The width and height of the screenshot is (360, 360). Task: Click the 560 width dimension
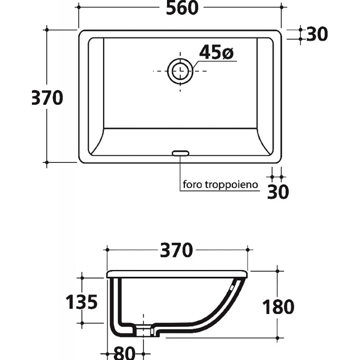(x=182, y=8)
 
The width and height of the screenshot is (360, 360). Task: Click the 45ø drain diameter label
(x=216, y=52)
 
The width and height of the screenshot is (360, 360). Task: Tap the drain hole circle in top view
(x=180, y=62)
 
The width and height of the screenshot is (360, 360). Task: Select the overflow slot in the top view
(x=181, y=153)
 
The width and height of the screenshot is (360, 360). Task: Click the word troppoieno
(x=231, y=185)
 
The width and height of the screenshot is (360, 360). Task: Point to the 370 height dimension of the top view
(x=47, y=98)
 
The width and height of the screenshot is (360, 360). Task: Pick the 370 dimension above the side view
(x=176, y=250)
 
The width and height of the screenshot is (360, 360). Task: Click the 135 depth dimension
(x=81, y=301)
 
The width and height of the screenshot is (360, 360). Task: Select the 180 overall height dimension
(x=278, y=307)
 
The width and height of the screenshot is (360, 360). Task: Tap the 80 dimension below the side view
(x=124, y=353)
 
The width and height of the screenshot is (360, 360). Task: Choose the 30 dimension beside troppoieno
(x=278, y=192)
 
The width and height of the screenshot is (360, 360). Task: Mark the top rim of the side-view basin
(x=177, y=274)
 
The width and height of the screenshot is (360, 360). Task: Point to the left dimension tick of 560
(x=79, y=7)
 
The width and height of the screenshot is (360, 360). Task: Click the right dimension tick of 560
(x=282, y=7)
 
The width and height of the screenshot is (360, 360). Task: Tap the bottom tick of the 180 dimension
(x=277, y=338)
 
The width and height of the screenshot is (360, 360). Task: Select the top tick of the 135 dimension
(x=82, y=278)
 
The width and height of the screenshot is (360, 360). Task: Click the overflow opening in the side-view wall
(x=232, y=287)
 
